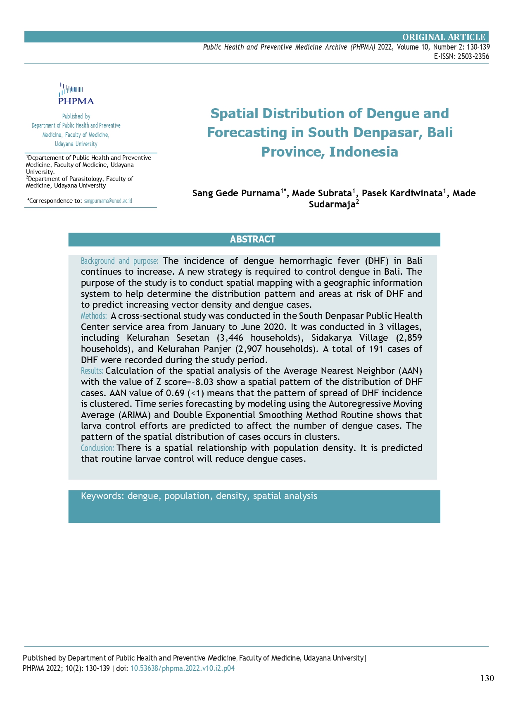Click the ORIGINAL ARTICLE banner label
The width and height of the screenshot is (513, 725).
[444, 37]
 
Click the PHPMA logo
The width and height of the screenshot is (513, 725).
[76, 94]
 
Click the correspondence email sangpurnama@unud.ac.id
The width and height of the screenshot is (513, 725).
[108, 201]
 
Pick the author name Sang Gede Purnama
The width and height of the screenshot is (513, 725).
[236, 193]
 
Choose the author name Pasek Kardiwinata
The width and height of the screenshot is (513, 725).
[402, 193]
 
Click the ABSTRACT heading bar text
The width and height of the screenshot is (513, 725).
[252, 240]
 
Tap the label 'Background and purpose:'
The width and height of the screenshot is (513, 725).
[119, 261]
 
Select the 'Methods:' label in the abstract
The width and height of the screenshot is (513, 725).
[94, 316]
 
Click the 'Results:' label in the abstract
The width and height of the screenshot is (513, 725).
[92, 371]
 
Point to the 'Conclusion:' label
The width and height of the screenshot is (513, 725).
[97, 448]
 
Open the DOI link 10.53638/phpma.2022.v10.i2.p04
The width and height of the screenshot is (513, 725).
[183, 668]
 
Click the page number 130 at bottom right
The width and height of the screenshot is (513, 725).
[487, 678]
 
